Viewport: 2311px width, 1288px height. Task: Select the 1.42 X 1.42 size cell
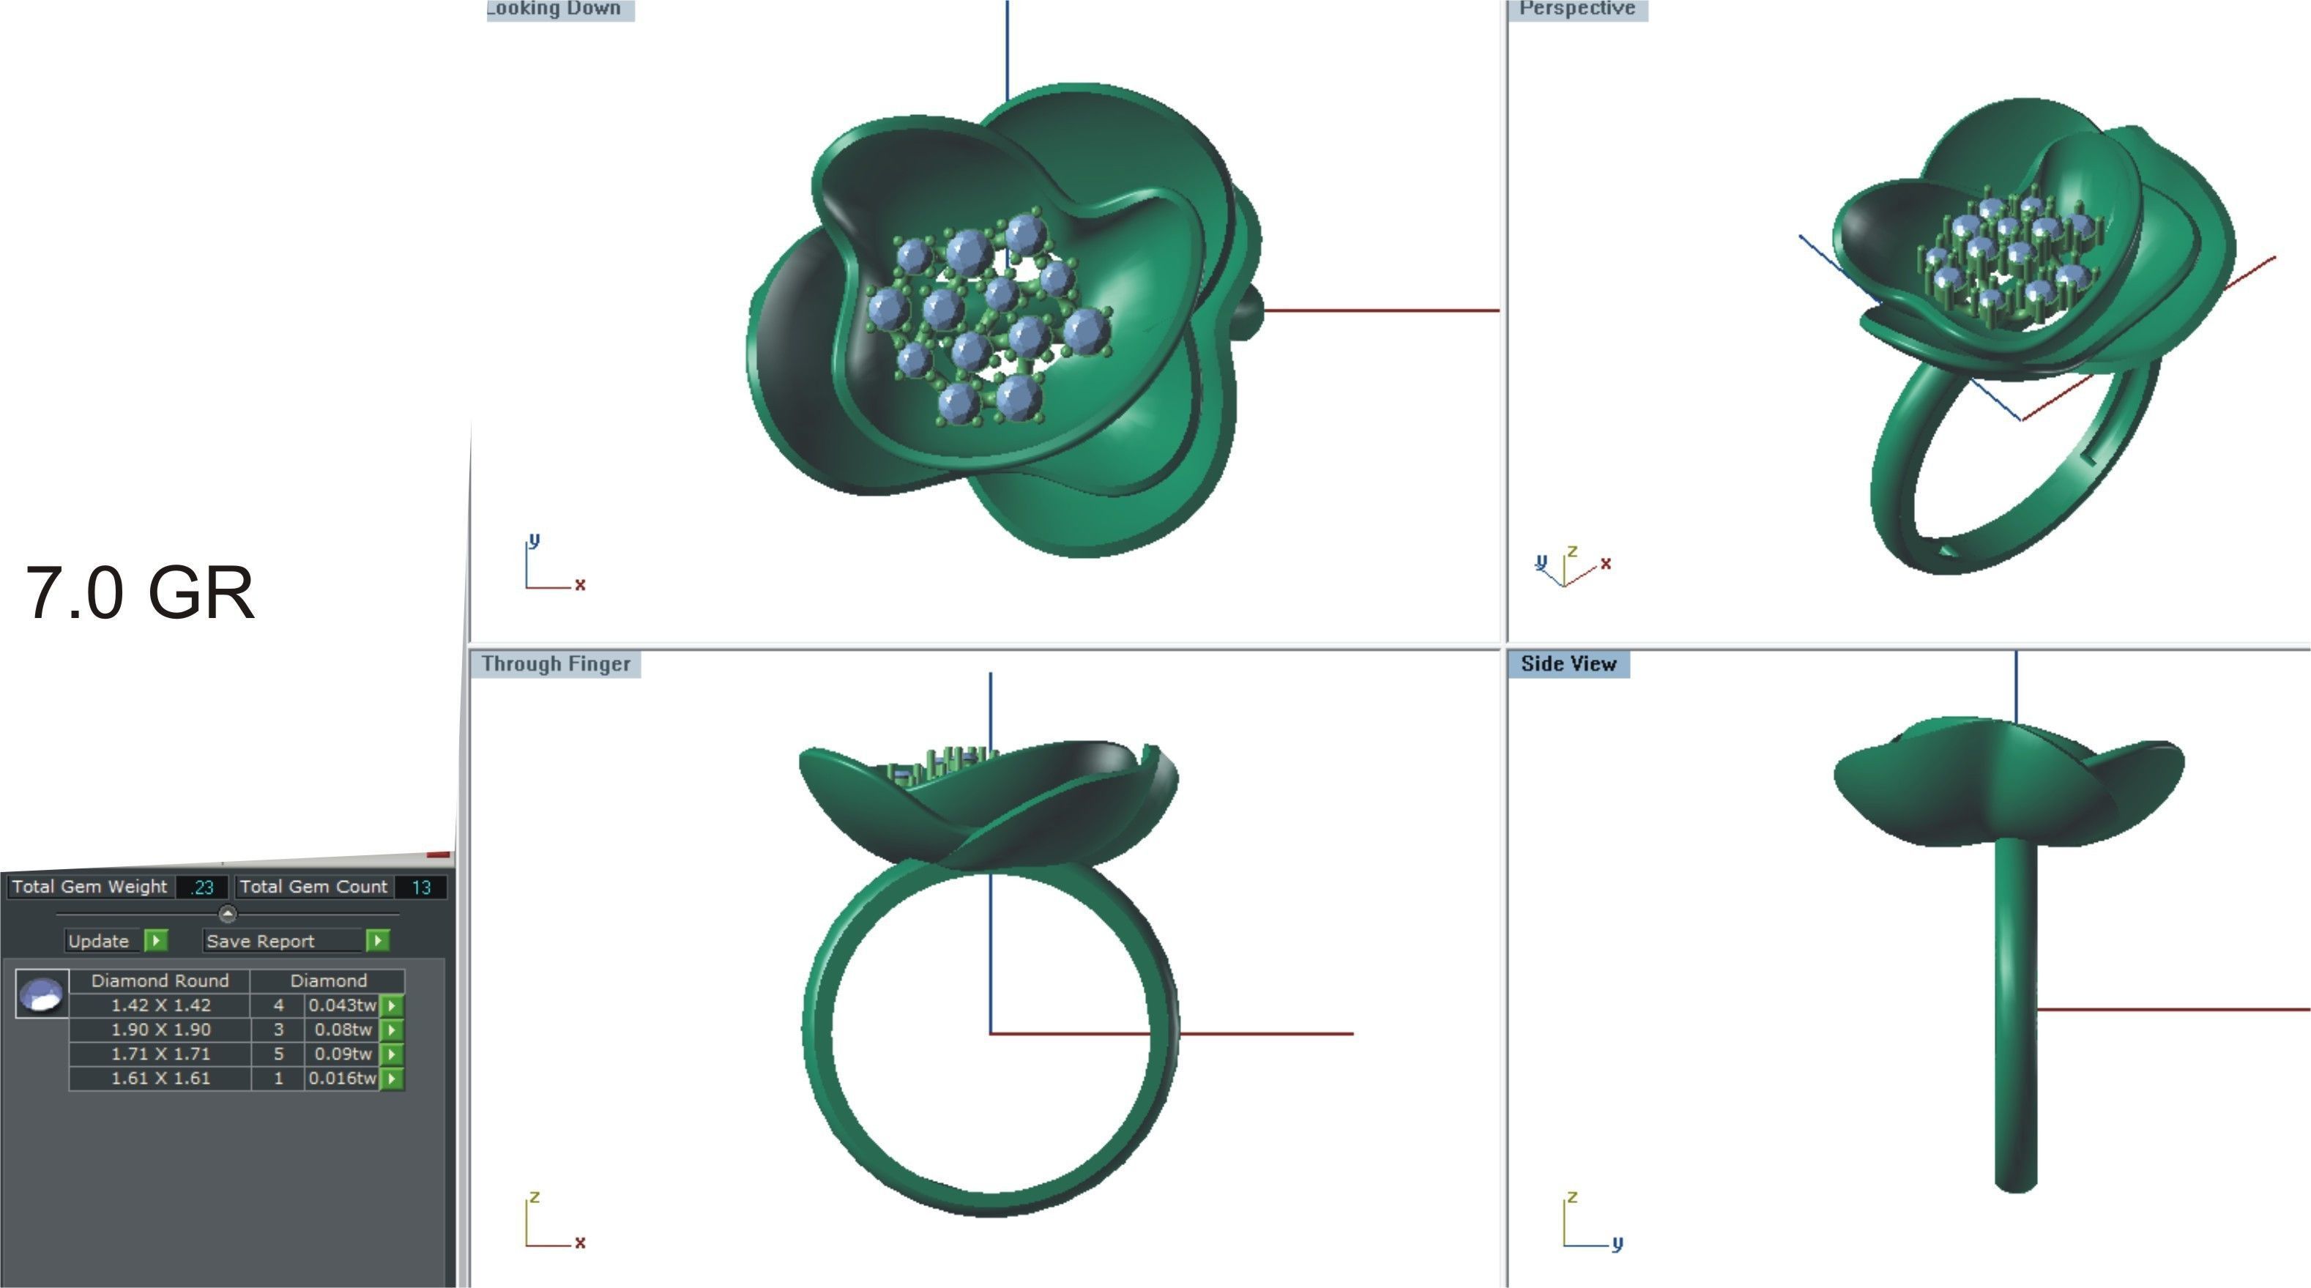(x=160, y=1005)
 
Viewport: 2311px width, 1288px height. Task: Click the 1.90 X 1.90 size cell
(x=160, y=1030)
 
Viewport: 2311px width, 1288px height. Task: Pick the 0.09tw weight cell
(x=342, y=1054)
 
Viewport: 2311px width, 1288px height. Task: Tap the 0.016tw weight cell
(x=342, y=1078)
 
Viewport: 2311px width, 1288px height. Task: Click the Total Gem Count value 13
(x=421, y=887)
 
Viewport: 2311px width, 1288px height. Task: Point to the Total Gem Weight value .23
(x=203, y=887)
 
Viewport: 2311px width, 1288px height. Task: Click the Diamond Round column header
(x=160, y=980)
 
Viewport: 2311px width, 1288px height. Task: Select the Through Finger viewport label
(x=555, y=663)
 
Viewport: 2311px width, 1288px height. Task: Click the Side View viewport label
(x=1568, y=663)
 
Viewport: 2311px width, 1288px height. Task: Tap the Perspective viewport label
(x=1577, y=9)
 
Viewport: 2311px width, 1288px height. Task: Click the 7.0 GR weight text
(x=140, y=593)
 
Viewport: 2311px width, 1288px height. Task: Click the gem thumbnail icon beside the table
(x=41, y=994)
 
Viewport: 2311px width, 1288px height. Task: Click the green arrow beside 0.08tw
(x=392, y=1030)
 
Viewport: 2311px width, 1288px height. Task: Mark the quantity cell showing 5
(x=278, y=1054)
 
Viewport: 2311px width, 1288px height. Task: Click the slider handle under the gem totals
(x=228, y=914)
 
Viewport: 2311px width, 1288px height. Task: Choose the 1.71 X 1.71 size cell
(x=160, y=1054)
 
